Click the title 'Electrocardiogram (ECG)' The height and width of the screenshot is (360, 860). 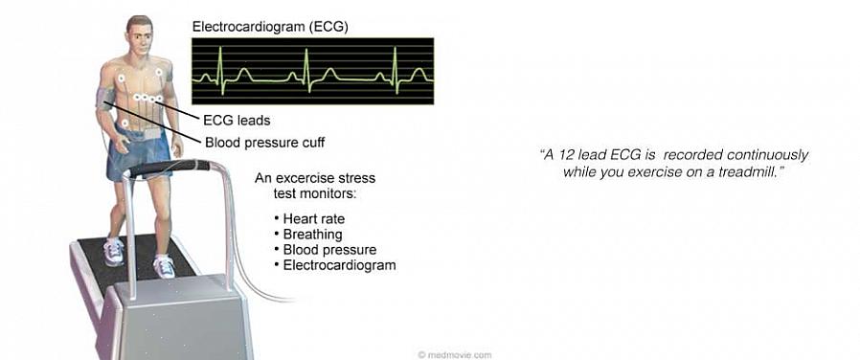[269, 27]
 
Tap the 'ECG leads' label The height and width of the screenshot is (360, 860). [237, 119]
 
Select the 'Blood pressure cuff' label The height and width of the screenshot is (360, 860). [265, 143]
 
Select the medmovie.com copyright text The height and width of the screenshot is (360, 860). [455, 354]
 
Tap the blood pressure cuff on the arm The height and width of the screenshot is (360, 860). [104, 98]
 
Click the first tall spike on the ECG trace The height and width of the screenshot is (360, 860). [220, 69]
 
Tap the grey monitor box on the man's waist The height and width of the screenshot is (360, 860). [150, 134]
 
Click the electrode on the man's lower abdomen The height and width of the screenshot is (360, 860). [125, 124]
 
